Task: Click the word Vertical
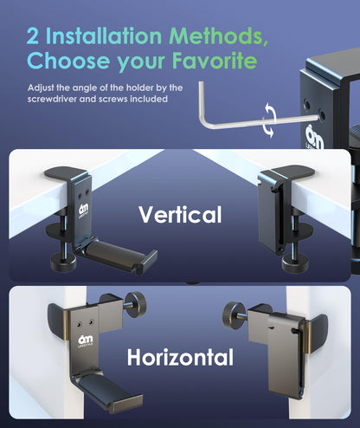click(180, 214)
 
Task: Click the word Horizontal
click(180, 357)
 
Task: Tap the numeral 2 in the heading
click(32, 36)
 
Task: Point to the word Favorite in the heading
click(215, 61)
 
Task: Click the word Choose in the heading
click(68, 61)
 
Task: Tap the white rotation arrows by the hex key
click(269, 120)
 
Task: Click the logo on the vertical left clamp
click(84, 210)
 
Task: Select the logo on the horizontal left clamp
click(86, 340)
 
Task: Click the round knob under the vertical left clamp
click(63, 262)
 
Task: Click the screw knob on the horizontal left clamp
click(136, 305)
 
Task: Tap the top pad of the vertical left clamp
click(67, 172)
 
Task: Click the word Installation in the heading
click(104, 36)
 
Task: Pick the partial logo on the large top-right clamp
click(314, 137)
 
